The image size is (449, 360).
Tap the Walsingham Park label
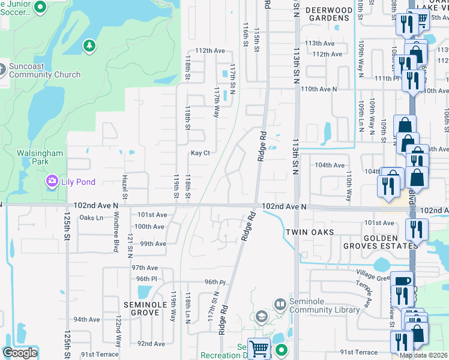click(40, 157)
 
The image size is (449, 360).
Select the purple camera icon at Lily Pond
click(52, 181)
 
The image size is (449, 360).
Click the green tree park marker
click(89, 46)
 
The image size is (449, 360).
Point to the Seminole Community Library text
click(325, 305)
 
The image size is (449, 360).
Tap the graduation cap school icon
click(261, 316)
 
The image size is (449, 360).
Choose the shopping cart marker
click(259, 347)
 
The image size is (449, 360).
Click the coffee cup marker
click(402, 281)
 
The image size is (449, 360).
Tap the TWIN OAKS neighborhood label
click(309, 232)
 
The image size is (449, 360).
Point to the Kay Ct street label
click(200, 153)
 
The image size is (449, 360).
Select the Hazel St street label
click(125, 192)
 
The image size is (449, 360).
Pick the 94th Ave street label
click(86, 319)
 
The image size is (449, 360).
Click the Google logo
click(20, 353)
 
